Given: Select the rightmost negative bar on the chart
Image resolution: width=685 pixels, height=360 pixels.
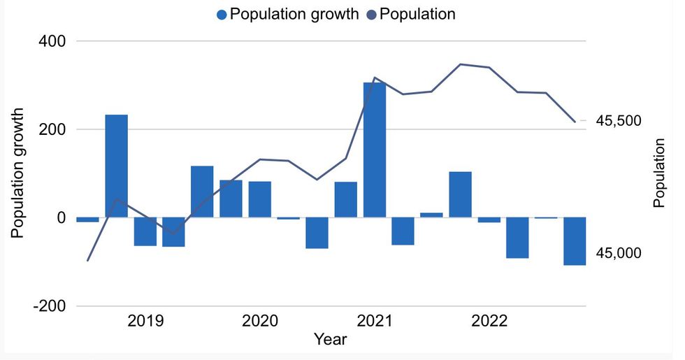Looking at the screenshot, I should (575, 241).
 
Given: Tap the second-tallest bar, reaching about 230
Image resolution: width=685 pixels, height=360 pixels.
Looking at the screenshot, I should (117, 166).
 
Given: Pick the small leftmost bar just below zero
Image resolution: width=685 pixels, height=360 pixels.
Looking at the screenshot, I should (88, 219).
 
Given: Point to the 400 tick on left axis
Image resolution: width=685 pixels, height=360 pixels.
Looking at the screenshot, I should (51, 41).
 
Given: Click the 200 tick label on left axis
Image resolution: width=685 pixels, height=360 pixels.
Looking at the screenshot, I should (51, 130).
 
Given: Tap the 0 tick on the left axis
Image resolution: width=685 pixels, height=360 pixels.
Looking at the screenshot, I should (61, 218).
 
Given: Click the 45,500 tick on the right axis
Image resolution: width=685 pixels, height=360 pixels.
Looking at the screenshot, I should (618, 122).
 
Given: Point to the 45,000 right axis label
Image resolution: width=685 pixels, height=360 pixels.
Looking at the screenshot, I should (618, 253).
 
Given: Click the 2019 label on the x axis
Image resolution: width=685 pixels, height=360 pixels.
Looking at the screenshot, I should (145, 322).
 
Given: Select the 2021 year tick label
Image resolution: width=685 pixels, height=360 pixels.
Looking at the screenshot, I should (375, 322).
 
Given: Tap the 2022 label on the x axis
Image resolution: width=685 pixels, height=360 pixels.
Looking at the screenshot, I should (489, 322).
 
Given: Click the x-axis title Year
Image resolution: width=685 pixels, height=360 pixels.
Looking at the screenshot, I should (329, 340).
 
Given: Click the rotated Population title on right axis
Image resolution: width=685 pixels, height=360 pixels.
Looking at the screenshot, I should (658, 173).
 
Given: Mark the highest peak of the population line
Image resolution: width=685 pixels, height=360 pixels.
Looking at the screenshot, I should (460, 64).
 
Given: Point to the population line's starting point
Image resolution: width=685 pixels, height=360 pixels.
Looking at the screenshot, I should (87, 261).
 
